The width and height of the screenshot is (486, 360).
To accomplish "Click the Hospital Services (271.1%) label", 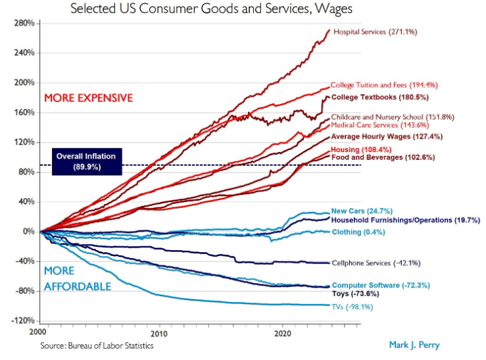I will (x=375, y=32).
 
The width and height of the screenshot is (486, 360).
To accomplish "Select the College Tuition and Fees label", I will (x=384, y=85).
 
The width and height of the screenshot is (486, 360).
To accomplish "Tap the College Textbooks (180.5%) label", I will (x=380, y=97).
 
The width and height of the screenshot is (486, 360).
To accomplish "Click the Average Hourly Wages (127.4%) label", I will (x=387, y=136).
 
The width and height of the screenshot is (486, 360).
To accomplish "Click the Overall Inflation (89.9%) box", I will (x=85, y=161).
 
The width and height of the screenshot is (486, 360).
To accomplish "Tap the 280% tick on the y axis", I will (x=24, y=23).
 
